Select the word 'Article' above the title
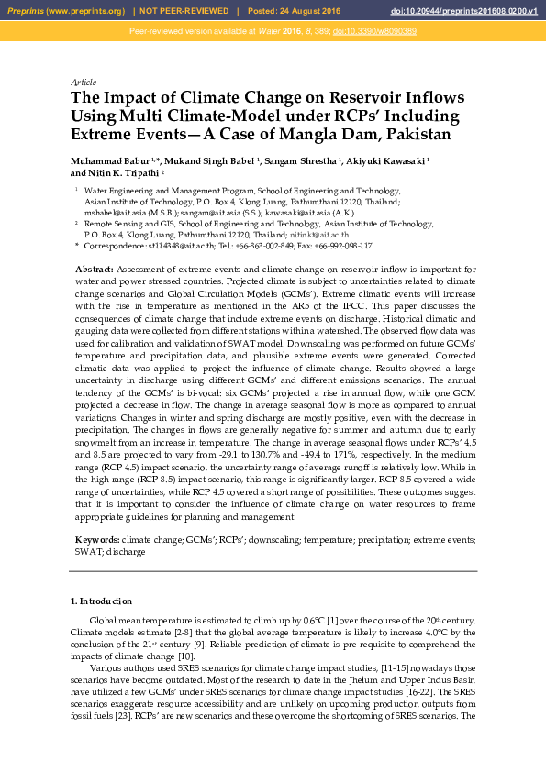click(84, 83)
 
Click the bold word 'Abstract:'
click(94, 268)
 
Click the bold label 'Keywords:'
click(96, 541)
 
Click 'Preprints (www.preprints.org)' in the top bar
click(65, 11)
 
